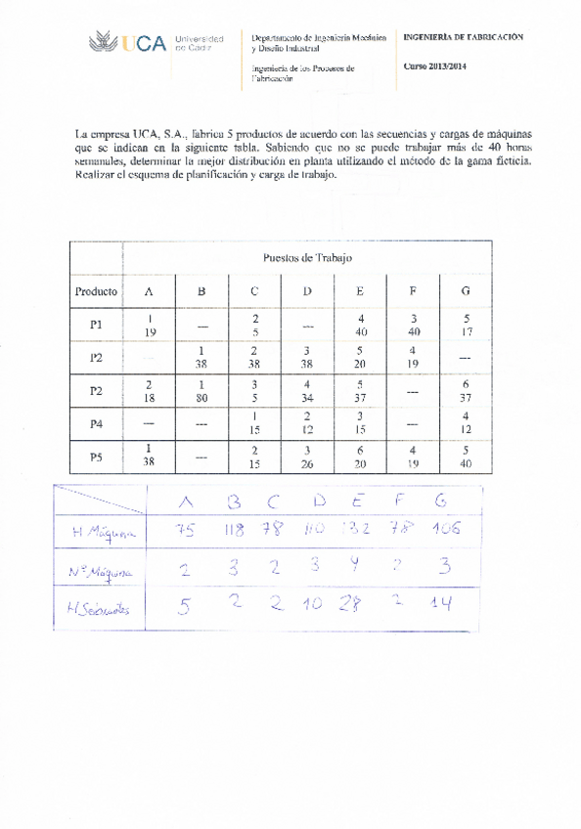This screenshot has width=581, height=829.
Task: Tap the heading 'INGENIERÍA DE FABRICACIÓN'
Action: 463,36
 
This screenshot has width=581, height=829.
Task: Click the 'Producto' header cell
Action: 96,290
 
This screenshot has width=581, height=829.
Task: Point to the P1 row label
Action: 96,325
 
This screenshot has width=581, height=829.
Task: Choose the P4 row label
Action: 96,424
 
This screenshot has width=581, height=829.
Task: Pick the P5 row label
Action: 96,457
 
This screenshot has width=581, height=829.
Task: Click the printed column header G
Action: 465,290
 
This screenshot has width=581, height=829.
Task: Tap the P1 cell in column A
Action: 150,325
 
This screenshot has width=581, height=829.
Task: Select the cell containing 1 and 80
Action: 201,391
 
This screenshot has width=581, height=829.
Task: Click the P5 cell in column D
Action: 307,458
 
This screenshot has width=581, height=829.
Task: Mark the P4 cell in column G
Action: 466,424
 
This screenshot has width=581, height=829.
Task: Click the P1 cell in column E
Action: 361,325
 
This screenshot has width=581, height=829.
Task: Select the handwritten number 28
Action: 348,606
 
